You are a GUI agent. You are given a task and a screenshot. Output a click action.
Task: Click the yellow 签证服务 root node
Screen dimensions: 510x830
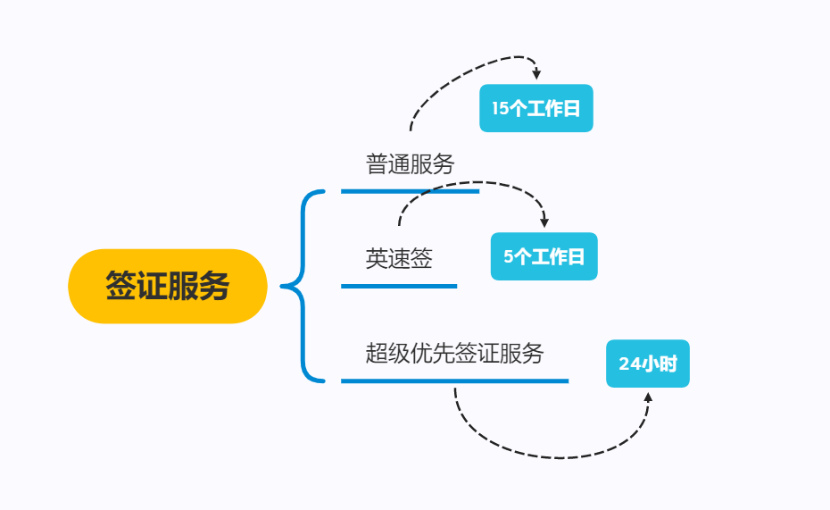tap(168, 286)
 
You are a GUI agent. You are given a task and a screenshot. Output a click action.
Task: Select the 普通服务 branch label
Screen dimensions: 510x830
tap(410, 164)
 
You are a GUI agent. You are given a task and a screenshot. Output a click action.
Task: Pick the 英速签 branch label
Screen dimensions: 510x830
tap(399, 259)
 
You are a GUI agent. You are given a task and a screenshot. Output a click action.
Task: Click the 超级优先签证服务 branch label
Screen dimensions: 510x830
tap(454, 353)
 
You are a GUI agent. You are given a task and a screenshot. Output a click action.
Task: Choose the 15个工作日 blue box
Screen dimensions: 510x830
tap(535, 108)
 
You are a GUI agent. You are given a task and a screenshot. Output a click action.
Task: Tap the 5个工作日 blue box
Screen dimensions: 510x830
tap(544, 257)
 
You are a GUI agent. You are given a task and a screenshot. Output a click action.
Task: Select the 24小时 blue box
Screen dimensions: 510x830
tap(647, 364)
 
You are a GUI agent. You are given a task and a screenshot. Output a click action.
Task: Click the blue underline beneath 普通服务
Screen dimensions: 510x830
tap(410, 190)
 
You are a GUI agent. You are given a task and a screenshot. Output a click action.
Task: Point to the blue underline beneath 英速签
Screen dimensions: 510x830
tap(399, 286)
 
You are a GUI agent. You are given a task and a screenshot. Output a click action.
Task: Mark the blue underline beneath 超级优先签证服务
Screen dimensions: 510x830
tap(454, 380)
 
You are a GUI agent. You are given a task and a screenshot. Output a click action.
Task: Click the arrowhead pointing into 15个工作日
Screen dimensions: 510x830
tap(536, 75)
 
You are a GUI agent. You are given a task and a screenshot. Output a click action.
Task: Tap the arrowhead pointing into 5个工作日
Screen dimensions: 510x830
tap(544, 222)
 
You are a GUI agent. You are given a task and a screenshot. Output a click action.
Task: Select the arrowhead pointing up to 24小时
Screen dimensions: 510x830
tap(648, 396)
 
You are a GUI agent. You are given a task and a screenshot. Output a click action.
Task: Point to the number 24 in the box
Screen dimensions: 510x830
tap(629, 364)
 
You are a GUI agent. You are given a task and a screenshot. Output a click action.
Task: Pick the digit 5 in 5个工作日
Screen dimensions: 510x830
tap(508, 257)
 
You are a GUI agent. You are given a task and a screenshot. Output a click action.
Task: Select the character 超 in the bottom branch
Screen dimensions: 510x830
tap(377, 353)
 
